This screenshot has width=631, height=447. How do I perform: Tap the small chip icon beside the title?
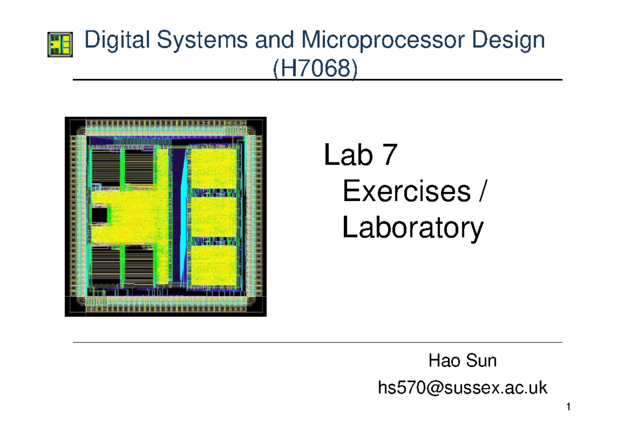60,44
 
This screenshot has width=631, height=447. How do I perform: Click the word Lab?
348,156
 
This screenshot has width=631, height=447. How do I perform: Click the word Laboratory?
412,229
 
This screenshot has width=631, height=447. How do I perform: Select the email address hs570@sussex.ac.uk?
462,389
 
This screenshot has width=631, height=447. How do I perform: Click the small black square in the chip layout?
99,215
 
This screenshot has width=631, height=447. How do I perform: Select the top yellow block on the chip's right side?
213,169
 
